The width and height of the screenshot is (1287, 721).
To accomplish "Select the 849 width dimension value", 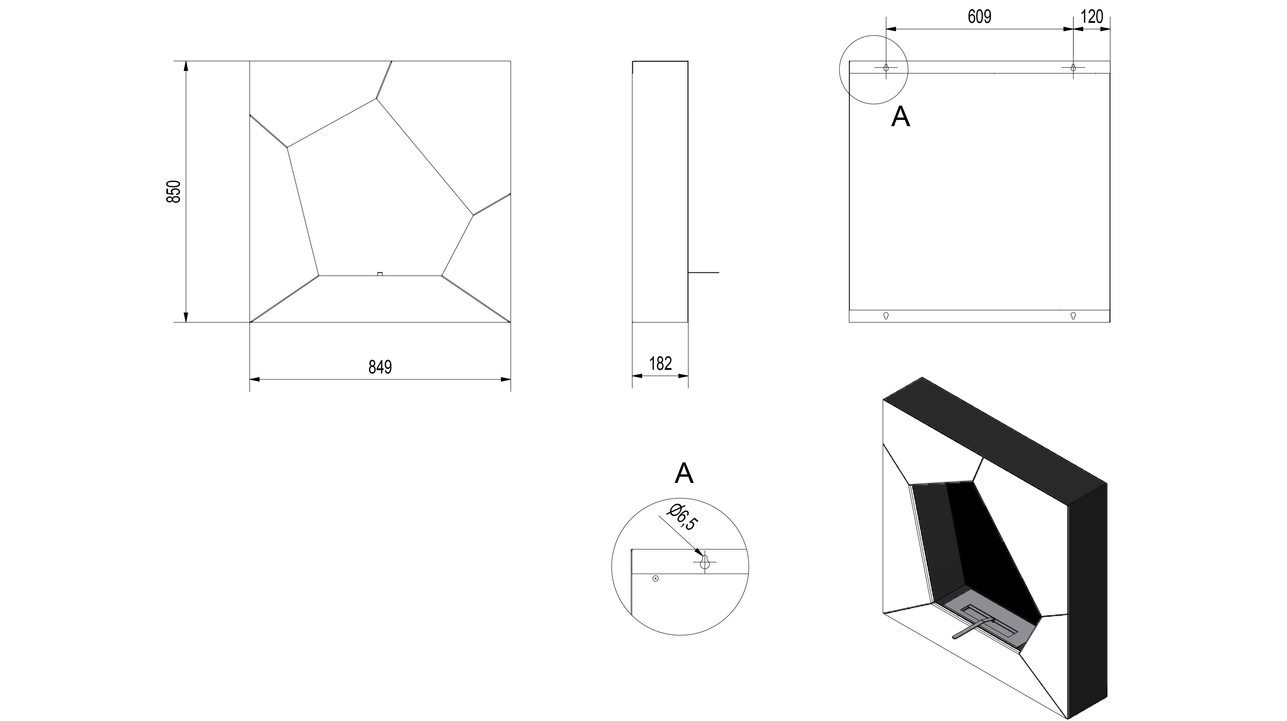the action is click(x=380, y=367).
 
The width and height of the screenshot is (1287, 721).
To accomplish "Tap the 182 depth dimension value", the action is click(x=660, y=364).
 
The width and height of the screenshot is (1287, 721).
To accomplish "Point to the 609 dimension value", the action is click(x=979, y=17).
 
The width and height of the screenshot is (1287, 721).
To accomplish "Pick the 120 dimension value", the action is click(x=1092, y=17).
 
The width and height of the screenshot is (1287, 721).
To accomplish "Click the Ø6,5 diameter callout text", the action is click(x=682, y=517).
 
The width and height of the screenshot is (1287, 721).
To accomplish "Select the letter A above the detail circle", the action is click(x=684, y=473).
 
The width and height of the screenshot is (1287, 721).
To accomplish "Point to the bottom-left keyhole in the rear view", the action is click(x=886, y=316).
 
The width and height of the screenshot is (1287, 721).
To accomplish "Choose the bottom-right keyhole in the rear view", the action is click(x=1073, y=316).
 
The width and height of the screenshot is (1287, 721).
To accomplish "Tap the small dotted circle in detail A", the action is click(x=655, y=579).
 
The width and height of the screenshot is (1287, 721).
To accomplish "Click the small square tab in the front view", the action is click(x=380, y=274).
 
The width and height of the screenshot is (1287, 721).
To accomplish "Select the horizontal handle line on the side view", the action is click(x=704, y=272).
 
